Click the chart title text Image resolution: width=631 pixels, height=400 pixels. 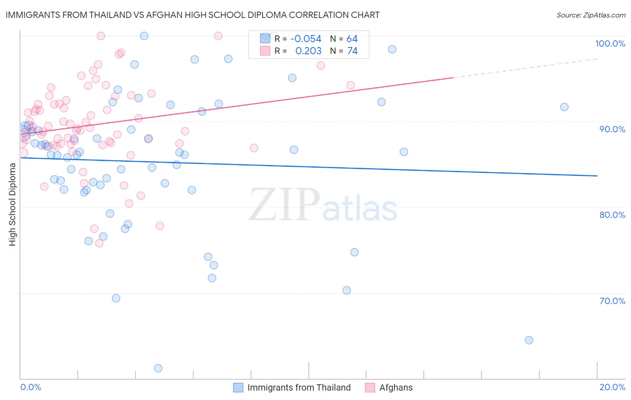coord(193,15)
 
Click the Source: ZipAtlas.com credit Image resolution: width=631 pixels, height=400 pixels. coord(591,15)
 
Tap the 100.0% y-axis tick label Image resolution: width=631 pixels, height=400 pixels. coord(610,43)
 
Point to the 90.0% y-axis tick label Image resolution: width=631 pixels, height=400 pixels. coord(612,129)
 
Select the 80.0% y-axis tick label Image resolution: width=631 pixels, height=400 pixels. coord(612,215)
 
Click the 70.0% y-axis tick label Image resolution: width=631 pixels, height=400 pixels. coord(612,301)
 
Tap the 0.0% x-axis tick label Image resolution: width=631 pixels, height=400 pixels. coord(31,387)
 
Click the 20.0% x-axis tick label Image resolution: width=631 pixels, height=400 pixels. coord(612,387)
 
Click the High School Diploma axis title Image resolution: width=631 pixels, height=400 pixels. coord(12,204)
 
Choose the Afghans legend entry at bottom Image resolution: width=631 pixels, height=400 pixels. coord(395,387)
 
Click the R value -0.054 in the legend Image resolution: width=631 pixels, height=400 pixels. coord(306,39)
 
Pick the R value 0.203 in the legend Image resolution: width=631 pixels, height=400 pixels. coord(308,51)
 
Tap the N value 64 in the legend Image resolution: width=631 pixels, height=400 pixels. coord(352,39)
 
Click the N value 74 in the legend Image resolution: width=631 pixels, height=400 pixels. coord(352,51)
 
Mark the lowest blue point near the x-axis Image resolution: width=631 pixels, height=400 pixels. coord(158,368)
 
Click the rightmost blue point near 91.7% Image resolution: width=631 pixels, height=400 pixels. coord(564,107)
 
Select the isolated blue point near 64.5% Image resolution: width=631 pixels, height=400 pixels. coord(529,340)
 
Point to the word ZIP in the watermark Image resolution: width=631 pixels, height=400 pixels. coord(285,205)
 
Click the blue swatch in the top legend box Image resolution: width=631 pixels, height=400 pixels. coord(265,39)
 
